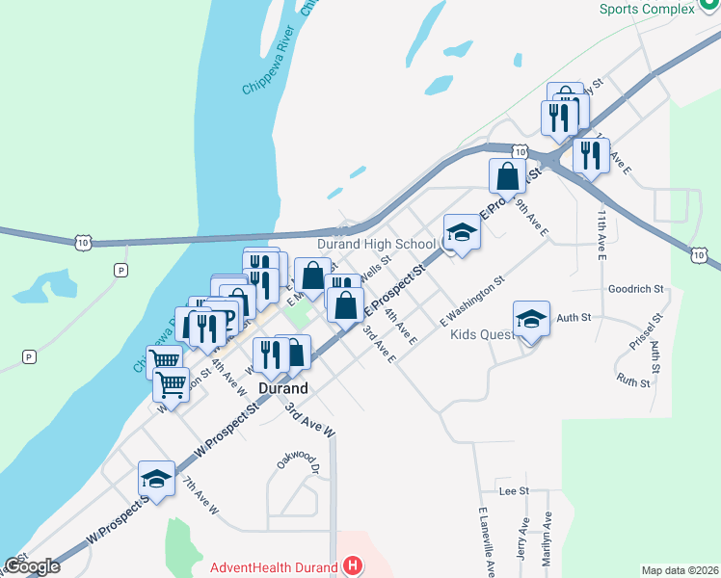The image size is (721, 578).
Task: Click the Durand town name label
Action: point(283,388)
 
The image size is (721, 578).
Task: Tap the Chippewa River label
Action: point(269,68)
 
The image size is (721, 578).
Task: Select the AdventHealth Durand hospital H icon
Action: point(354,566)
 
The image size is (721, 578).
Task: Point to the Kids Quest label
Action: point(482,335)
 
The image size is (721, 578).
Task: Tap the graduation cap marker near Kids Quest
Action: point(530,319)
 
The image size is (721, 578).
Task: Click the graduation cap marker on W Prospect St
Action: point(157,479)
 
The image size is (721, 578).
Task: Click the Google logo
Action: point(33,566)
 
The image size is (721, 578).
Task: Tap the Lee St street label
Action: point(514,490)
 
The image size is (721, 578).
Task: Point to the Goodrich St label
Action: point(636,288)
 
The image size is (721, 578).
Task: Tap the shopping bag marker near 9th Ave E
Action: point(507,176)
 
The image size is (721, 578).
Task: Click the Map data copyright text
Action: point(679,570)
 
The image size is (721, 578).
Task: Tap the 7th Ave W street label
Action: point(202,497)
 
